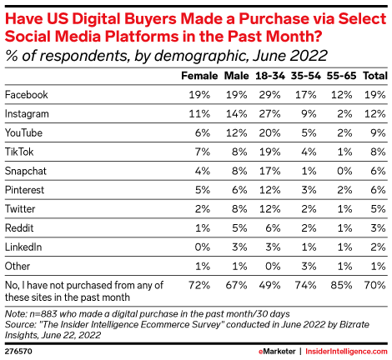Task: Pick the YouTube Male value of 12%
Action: pyautogui.click(x=232, y=132)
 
